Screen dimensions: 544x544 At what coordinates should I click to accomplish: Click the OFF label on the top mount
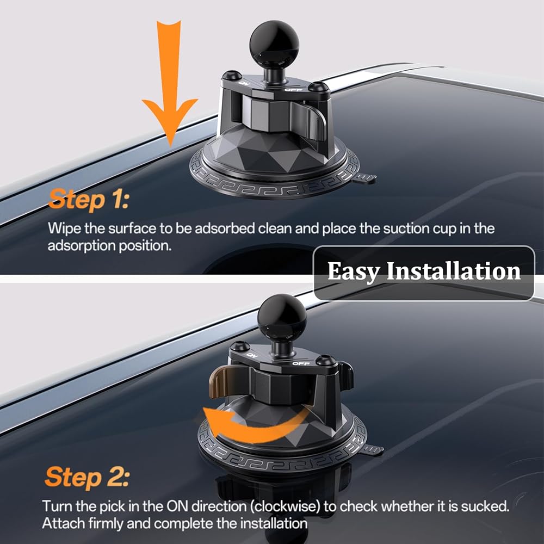pos(294,90)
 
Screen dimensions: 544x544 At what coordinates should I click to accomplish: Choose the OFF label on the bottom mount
pos(301,363)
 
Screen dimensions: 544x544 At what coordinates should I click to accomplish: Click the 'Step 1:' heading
pos(89,200)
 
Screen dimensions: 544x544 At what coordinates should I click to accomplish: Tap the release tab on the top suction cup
pos(364,178)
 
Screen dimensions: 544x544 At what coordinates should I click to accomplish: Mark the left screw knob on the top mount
pos(232,75)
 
